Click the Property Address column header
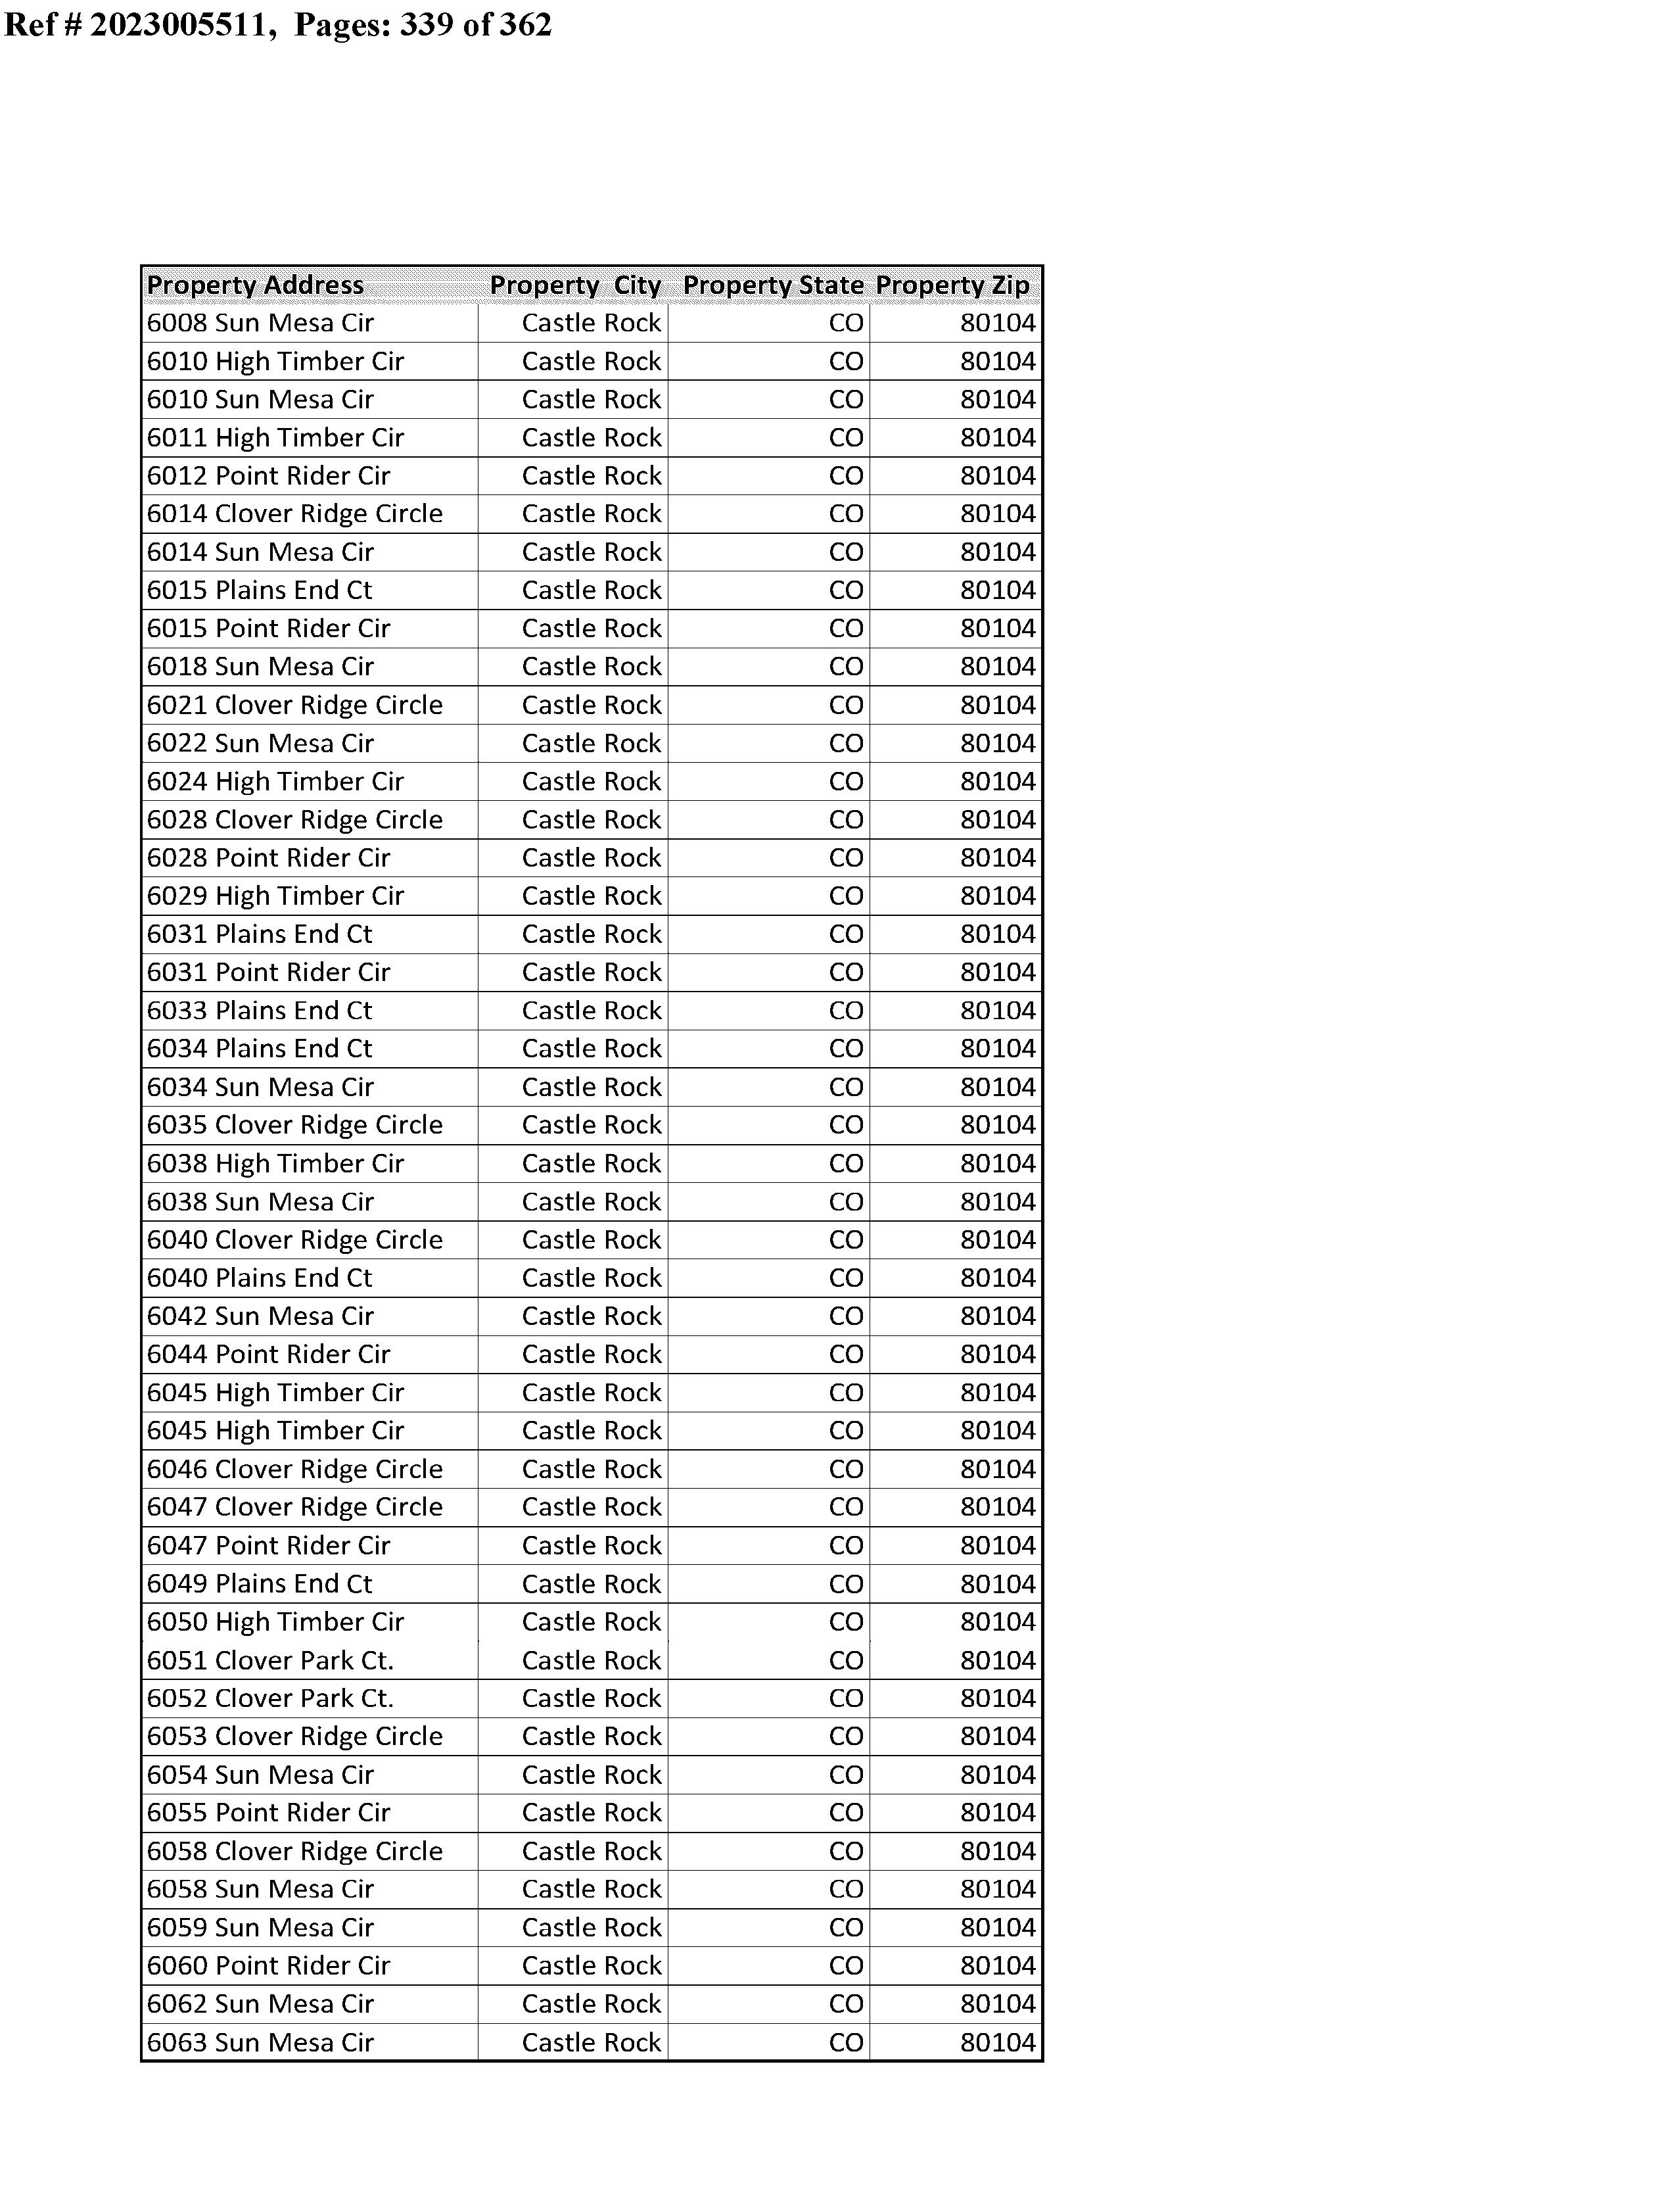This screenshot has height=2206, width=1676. tap(256, 285)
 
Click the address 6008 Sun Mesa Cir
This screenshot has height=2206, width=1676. tap(260, 324)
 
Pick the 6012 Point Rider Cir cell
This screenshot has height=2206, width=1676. tap(268, 476)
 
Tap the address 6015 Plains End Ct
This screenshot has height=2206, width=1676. tap(260, 590)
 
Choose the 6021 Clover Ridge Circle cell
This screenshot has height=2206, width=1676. tap(294, 706)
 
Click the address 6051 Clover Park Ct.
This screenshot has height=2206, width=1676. tap(270, 1660)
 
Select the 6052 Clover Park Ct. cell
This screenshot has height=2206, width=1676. tap(270, 1698)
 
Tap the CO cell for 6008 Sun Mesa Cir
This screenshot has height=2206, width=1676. tap(846, 324)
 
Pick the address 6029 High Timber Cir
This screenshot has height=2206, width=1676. tap(275, 896)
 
